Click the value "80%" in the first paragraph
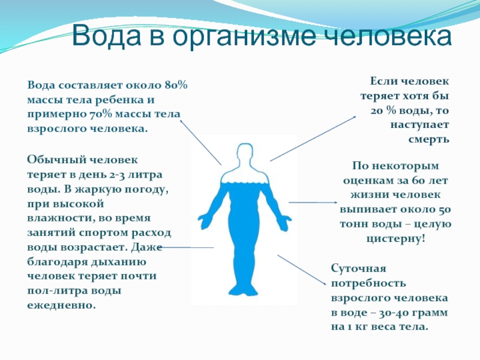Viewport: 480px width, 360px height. pyautogui.click(x=176, y=85)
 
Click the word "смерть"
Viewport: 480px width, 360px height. pyautogui.click(x=428, y=139)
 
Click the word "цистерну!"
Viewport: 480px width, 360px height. pyautogui.click(x=396, y=238)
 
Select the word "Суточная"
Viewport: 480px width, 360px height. pyautogui.click(x=358, y=268)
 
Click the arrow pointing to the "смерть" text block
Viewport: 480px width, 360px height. pyautogui.click(x=313, y=139)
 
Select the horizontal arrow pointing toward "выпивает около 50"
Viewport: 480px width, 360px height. pyautogui.click(x=313, y=202)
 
